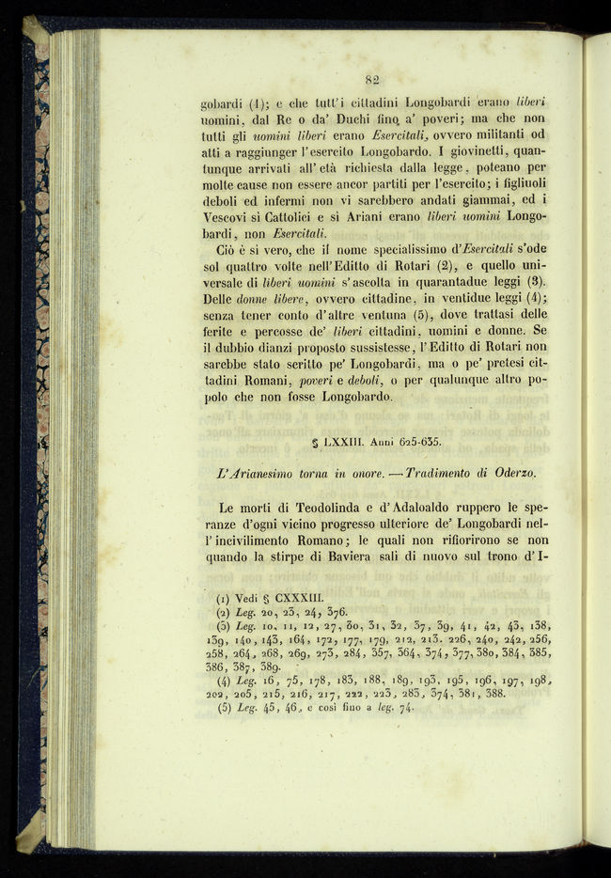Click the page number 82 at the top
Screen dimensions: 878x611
371,80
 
